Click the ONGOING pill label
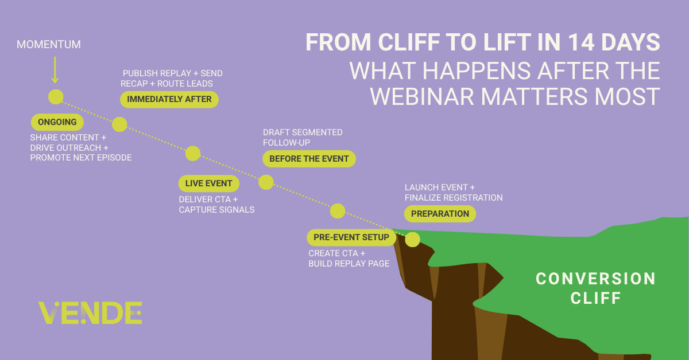point(57,122)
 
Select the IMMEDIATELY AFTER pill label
point(169,99)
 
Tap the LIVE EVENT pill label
point(208,183)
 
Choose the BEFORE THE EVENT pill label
point(309,159)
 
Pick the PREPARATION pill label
point(440,214)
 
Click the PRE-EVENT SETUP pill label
point(351,237)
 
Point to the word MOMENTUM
point(49,45)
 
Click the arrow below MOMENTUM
point(55,70)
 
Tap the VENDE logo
point(90,312)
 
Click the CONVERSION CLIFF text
point(596,288)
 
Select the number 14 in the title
point(581,42)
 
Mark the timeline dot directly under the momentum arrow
point(56,97)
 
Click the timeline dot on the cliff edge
point(412,240)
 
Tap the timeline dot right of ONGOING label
point(119,124)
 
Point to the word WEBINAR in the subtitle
point(421,97)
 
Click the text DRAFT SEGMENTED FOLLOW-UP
point(303,138)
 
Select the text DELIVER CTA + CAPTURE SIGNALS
point(216,205)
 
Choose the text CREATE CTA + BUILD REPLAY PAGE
point(349,259)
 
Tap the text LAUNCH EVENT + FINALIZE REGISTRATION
point(454,193)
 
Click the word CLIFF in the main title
point(409,42)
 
